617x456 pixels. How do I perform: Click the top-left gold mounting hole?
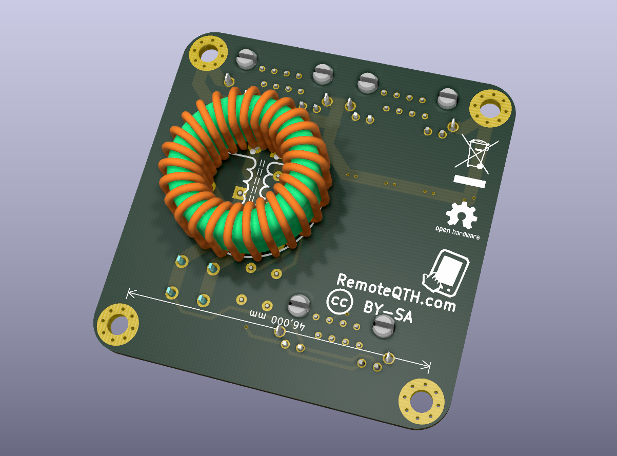208,53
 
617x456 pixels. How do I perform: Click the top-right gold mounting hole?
491,108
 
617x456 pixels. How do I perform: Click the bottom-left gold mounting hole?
117,324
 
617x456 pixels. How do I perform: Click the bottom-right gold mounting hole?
421,402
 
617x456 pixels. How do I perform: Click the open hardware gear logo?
461,215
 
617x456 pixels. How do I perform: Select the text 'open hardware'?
457,232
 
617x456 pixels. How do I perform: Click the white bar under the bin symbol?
469,181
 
